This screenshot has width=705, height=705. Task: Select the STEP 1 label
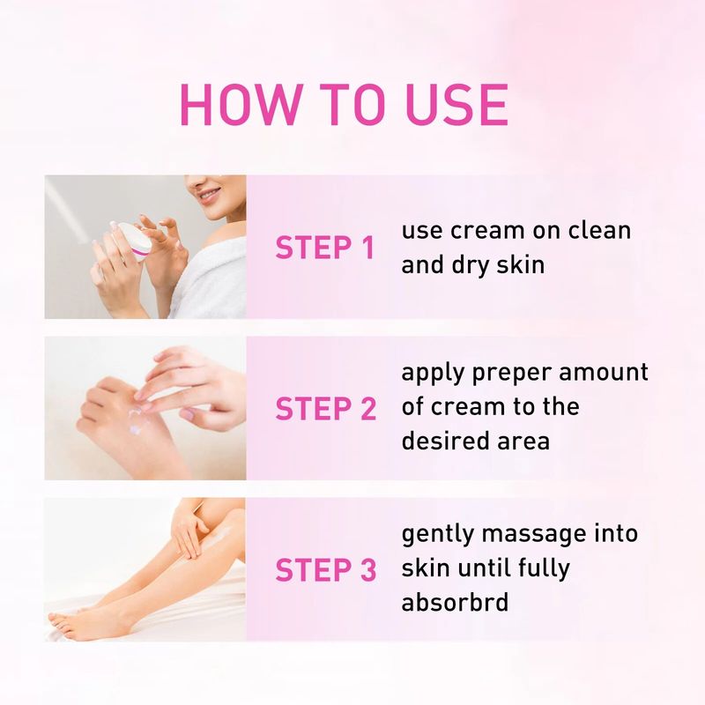tap(324, 248)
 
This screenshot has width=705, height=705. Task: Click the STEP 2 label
tap(324, 408)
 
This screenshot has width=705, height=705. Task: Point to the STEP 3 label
tap(324, 570)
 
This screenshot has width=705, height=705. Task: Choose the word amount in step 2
tap(607, 372)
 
